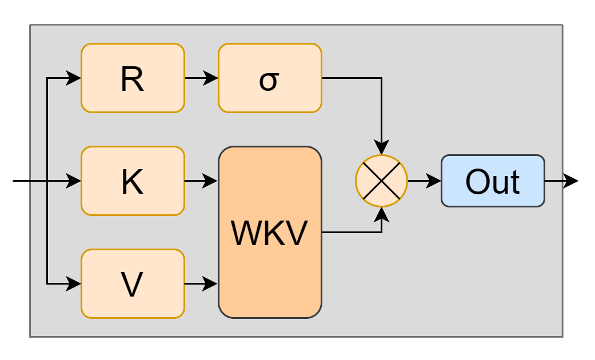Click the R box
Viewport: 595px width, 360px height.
click(x=133, y=78)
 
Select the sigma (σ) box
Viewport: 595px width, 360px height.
click(x=270, y=78)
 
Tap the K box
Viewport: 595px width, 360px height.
click(x=133, y=181)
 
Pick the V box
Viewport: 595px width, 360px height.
click(x=133, y=284)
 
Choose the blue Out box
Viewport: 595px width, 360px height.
click(x=492, y=181)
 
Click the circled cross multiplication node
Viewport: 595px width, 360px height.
click(x=381, y=181)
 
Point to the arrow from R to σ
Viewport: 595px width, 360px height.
click(x=200, y=78)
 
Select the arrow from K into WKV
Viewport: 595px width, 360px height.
click(x=200, y=181)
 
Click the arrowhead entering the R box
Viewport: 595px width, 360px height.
click(x=74, y=78)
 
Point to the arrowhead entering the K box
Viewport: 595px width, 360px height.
click(x=74, y=181)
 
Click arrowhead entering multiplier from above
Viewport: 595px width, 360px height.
click(x=381, y=148)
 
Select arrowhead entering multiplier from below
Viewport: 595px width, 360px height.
click(x=381, y=214)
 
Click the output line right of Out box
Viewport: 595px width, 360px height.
click(x=553, y=181)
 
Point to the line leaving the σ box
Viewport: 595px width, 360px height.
click(x=352, y=78)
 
